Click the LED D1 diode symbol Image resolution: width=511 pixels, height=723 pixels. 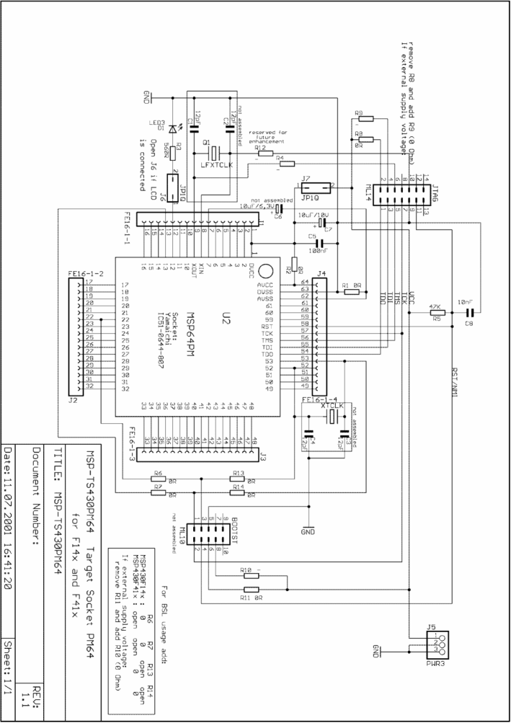coord(172,129)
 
